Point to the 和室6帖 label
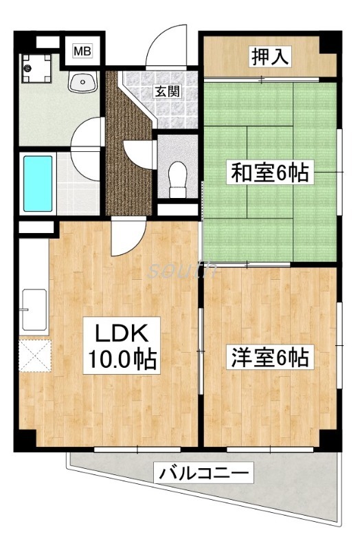tap(270, 172)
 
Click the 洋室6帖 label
tap(270, 357)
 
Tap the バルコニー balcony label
tap(206, 473)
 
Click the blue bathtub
tap(37, 183)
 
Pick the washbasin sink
tap(83, 83)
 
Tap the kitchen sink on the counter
tap(34, 310)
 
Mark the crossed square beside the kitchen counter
tap(35, 355)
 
